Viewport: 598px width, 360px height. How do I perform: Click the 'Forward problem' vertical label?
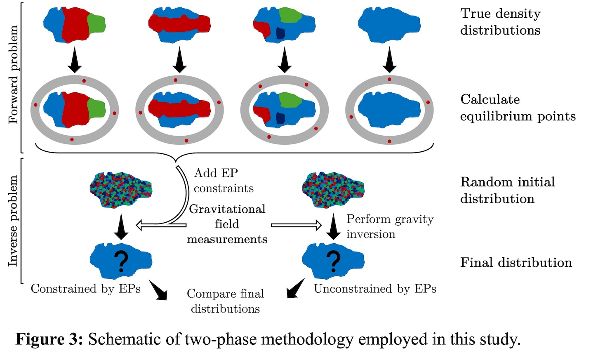click(14, 74)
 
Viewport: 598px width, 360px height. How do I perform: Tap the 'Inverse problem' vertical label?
click(14, 221)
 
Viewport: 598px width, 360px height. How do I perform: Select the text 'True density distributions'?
click(500, 22)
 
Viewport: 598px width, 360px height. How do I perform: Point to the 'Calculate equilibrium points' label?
click(518, 108)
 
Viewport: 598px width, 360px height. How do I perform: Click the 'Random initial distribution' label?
click(507, 190)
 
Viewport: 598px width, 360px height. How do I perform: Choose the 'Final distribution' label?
click(516, 263)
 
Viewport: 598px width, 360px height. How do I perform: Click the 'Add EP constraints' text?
click(224, 181)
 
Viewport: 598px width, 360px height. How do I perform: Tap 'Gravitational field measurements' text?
click(227, 224)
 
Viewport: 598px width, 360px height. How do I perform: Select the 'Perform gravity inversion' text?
click(390, 226)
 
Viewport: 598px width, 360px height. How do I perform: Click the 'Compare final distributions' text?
click(225, 301)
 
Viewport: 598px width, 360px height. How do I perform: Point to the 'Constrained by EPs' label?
click(86, 289)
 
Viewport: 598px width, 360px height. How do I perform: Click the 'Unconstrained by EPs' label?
click(375, 289)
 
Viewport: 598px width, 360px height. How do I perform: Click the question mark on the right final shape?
click(333, 261)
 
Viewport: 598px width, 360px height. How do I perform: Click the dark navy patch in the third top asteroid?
click(281, 33)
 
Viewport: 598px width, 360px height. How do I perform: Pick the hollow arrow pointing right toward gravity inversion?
click(296, 225)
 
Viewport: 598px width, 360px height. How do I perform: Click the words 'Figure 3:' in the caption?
click(49, 339)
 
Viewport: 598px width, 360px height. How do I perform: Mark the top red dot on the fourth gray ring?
click(389, 79)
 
